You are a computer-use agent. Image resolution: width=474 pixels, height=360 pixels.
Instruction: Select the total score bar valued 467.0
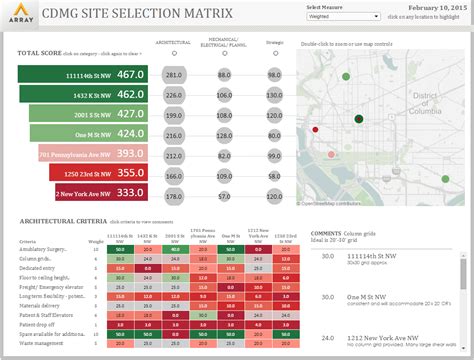pos(83,75)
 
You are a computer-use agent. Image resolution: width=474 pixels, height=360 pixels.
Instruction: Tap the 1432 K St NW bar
pos(83,95)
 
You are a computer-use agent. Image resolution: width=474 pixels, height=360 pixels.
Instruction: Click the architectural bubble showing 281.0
pos(174,76)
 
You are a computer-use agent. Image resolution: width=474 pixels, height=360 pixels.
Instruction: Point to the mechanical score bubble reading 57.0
pos(224,134)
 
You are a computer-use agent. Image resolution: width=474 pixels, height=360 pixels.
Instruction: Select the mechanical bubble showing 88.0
pos(224,76)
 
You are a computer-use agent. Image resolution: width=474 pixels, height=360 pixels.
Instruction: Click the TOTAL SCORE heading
pos(39,52)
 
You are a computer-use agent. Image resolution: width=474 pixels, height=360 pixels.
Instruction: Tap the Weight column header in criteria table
pos(95,242)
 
